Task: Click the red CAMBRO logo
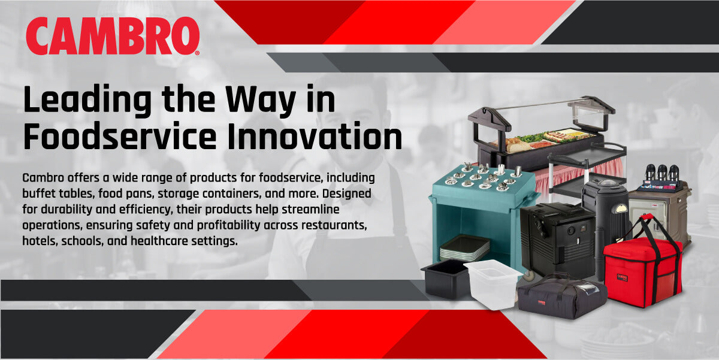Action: pos(113,36)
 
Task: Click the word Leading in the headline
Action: pos(87,101)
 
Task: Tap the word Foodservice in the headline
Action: pos(120,136)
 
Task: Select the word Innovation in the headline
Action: pos(314,136)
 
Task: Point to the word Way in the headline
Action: pos(260,101)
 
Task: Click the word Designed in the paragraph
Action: pos(347,193)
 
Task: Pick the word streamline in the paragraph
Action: pos(310,209)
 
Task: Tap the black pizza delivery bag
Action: pos(562,297)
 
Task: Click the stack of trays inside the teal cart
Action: pos(464,247)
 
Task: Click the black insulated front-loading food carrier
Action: pos(557,240)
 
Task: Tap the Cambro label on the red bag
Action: pos(623,277)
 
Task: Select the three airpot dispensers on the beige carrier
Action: pos(662,173)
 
